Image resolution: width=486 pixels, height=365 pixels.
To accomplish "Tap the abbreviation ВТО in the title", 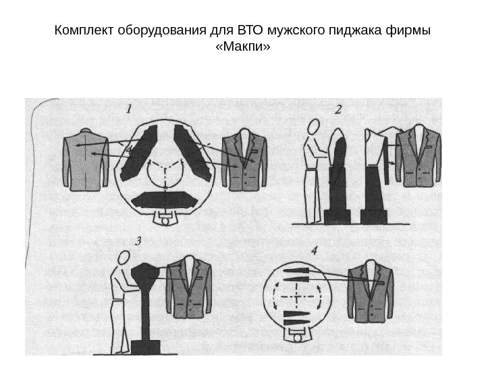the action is click(x=249, y=31).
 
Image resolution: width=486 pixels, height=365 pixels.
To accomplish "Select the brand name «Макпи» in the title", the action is click(x=243, y=48).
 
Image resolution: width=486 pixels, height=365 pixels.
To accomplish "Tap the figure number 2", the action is click(x=339, y=107).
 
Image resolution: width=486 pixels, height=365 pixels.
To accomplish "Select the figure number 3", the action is click(x=138, y=241).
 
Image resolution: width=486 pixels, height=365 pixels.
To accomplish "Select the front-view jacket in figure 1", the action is click(x=244, y=160).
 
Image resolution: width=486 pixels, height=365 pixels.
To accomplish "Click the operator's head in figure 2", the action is click(x=313, y=126).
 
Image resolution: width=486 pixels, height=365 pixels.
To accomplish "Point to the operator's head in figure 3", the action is click(x=123, y=258).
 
